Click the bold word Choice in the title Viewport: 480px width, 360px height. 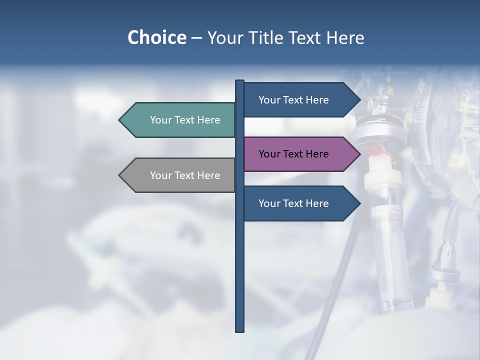click(x=156, y=37)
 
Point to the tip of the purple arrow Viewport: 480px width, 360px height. click(x=359, y=154)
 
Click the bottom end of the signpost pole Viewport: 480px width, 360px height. click(x=240, y=330)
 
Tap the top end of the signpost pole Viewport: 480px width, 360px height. click(x=240, y=81)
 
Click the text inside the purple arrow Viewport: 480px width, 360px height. click(x=293, y=154)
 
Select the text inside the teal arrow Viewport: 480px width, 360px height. click(x=185, y=120)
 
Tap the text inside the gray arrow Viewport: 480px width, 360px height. click(x=185, y=175)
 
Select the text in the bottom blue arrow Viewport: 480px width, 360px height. click(x=293, y=203)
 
